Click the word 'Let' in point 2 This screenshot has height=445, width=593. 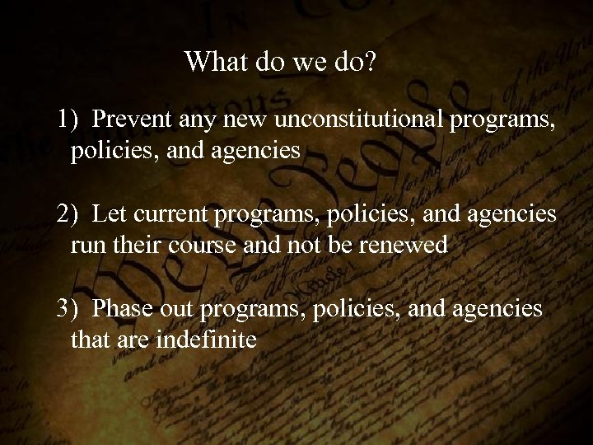(x=106, y=214)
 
